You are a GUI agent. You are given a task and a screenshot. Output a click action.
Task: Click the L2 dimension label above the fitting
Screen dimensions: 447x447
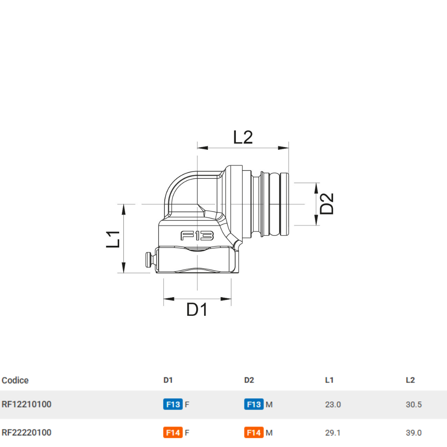coord(243,137)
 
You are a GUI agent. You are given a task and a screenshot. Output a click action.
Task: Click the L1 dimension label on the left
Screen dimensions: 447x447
coord(113,239)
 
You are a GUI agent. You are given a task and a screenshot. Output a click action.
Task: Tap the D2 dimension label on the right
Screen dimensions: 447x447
coord(327,204)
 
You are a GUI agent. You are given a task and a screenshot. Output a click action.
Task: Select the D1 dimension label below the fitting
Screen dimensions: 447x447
coord(197,310)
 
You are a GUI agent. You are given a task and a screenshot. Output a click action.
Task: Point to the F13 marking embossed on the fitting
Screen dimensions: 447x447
coord(197,236)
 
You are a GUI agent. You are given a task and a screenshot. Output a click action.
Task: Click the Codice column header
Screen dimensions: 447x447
coord(15,380)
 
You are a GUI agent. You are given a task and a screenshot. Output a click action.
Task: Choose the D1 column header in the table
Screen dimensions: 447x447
coord(168,380)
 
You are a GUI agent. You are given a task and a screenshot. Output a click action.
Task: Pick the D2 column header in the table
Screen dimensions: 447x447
coord(249,380)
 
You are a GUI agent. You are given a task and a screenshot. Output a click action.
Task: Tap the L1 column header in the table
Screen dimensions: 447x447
coord(329,380)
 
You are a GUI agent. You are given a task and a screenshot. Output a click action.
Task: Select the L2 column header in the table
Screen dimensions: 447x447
coord(410,380)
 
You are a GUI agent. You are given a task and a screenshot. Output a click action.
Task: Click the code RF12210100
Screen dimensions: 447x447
coord(26,404)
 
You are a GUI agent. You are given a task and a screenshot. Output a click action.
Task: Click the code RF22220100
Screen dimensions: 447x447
coord(26,433)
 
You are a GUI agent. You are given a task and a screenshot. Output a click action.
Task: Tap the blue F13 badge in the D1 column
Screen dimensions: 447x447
coord(173,404)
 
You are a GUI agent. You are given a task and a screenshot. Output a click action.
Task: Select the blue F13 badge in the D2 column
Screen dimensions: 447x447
coord(254,404)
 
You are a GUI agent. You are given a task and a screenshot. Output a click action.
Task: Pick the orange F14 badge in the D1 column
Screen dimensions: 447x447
coord(173,433)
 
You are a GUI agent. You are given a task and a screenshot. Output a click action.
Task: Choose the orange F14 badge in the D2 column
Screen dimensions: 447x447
coord(254,433)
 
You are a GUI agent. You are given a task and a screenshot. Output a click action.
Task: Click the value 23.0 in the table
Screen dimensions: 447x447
coord(333,404)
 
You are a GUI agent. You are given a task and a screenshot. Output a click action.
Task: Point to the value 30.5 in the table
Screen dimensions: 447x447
coord(414,404)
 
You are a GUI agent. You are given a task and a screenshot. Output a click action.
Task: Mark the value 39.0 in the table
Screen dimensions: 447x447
coord(414,433)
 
